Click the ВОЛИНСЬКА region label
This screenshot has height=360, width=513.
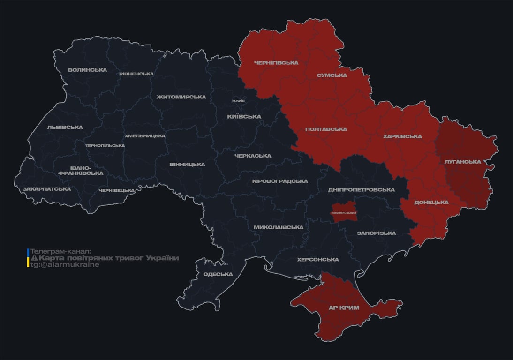[x=87, y=70]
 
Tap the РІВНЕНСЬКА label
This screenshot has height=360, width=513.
[x=136, y=74]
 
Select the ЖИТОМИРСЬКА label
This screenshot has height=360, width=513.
[x=181, y=97]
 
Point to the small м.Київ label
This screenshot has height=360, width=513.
[x=238, y=101]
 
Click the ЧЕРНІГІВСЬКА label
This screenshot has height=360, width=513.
[x=276, y=63]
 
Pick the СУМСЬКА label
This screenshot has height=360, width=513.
[x=332, y=75]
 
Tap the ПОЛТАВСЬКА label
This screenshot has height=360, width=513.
[x=326, y=129]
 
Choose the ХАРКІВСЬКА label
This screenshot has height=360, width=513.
[x=402, y=136]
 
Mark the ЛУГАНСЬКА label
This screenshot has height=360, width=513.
[x=462, y=162]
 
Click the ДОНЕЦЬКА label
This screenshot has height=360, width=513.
[x=431, y=202]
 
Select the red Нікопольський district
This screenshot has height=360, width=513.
[x=343, y=211]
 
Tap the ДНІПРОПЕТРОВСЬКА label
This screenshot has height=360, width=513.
[x=361, y=190]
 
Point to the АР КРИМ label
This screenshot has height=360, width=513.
[x=344, y=307]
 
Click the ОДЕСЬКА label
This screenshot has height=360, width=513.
[x=218, y=274]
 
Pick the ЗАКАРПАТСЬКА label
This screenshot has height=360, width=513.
[x=46, y=189]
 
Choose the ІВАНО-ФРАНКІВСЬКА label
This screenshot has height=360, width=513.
[x=80, y=170]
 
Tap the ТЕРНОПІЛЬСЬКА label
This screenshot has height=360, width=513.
[x=105, y=145]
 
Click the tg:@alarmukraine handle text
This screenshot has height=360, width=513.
[x=65, y=265]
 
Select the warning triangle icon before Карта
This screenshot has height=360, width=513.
[x=34, y=258]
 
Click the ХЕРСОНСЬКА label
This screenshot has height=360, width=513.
[x=317, y=259]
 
